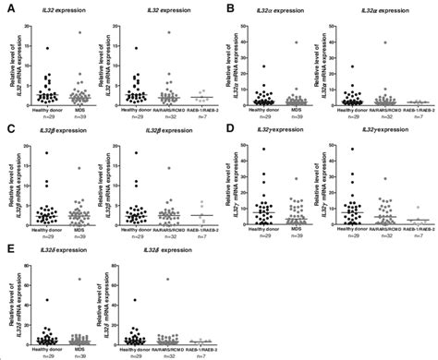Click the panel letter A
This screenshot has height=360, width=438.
tap(9, 8)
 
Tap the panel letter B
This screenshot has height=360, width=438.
tap(226, 8)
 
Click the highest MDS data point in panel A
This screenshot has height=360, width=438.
tap(80, 32)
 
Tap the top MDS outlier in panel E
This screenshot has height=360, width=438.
tap(80, 279)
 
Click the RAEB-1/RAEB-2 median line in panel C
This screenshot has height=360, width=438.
tap(201, 215)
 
